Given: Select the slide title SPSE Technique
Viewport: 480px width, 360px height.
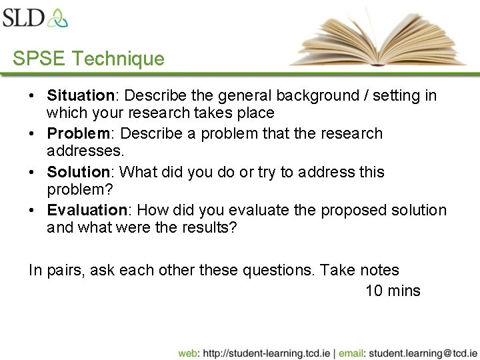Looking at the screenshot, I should point(88,59).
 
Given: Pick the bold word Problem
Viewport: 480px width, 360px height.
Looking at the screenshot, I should point(77,133).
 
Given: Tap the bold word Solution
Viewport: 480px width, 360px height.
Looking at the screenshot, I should point(77,172).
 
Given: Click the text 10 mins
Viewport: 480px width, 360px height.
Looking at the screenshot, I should point(393,291).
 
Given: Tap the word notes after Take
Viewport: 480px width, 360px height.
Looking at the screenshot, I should point(379,271).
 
